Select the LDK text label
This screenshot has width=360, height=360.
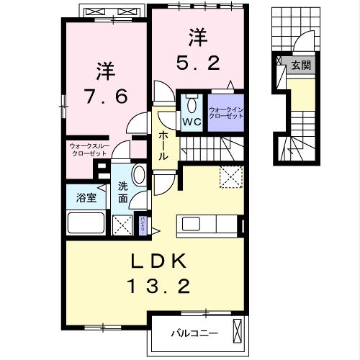click(x=158, y=261)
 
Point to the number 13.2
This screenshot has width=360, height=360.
click(x=158, y=287)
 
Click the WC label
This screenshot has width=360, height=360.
click(x=191, y=122)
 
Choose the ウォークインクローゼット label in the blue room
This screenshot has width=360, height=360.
click(x=225, y=113)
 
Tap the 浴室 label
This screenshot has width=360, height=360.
click(x=86, y=197)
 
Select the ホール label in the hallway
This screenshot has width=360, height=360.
click(x=164, y=144)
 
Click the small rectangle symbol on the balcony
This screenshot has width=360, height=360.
click(x=235, y=333)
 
